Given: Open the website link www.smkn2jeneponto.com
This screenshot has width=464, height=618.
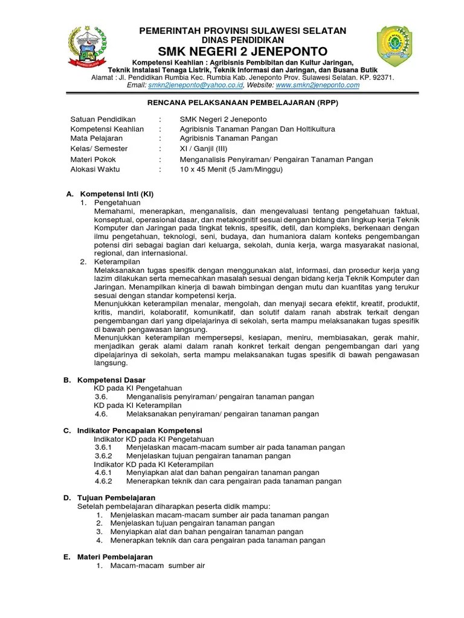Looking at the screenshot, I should pos(318,86).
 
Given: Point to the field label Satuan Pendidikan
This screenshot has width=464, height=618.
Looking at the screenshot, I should pos(103,119).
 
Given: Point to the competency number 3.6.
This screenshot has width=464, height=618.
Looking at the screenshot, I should pos(101,397).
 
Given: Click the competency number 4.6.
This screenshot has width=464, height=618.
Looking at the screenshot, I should pos(101,414).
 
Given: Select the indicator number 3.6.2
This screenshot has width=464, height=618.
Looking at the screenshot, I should pos(104,456).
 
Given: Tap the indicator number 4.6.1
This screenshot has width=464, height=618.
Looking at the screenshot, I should pos(104,473).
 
